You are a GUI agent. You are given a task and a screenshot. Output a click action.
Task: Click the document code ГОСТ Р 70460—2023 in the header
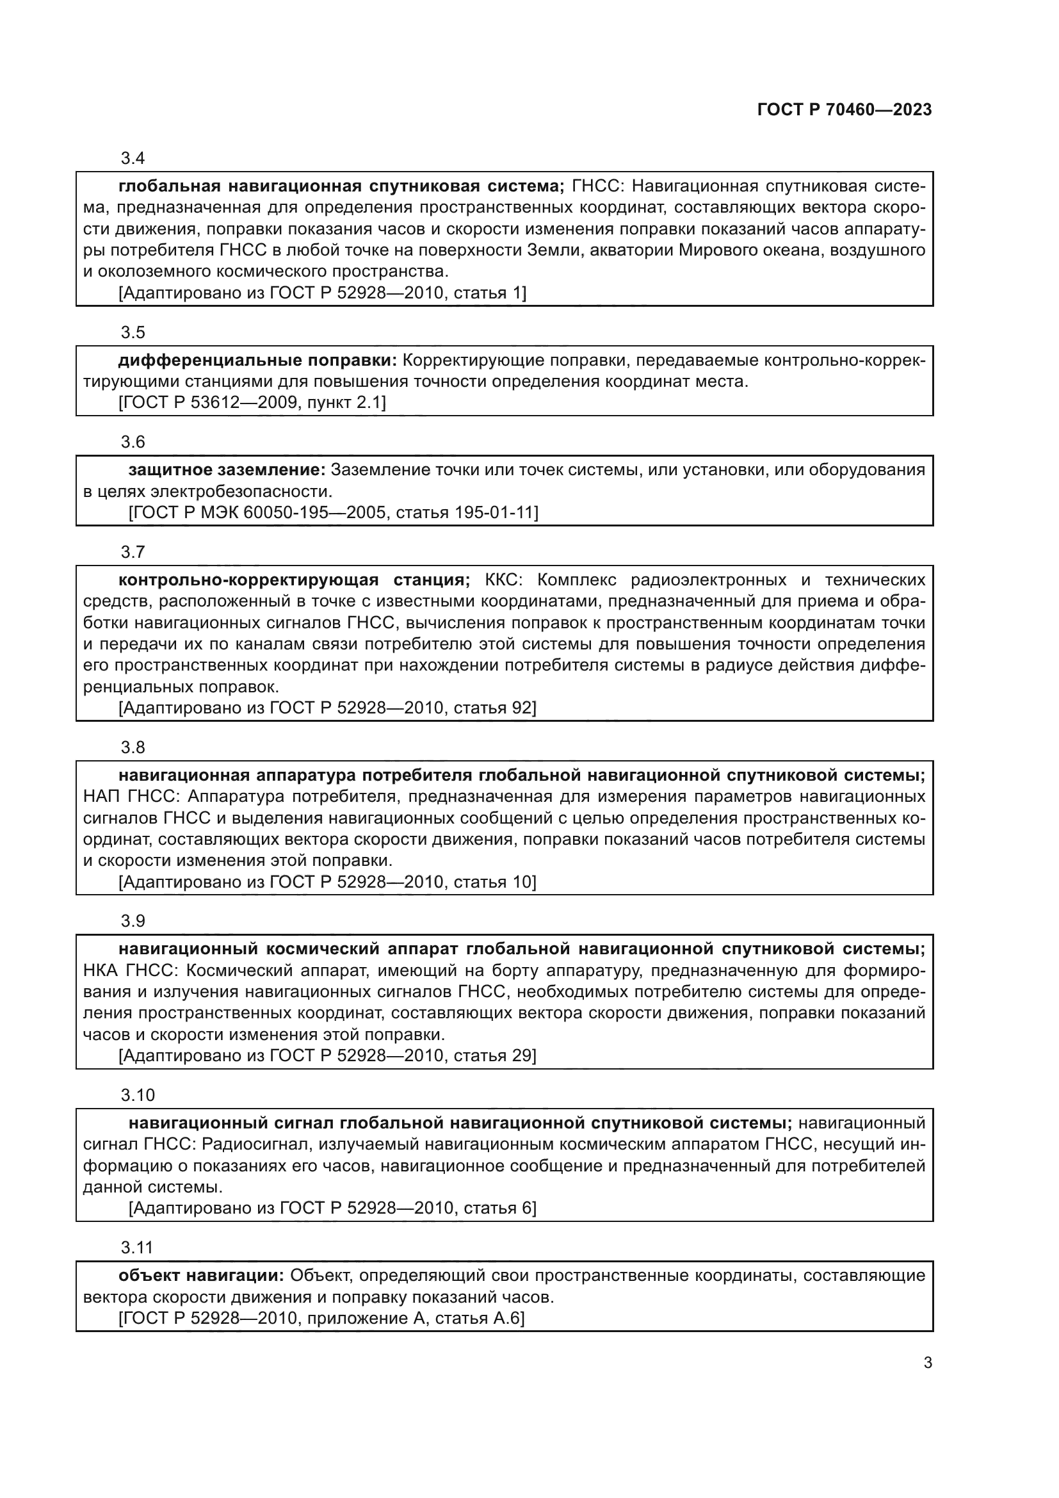pyautogui.click(x=844, y=110)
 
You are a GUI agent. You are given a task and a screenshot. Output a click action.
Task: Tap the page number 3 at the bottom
pyautogui.click(x=927, y=1362)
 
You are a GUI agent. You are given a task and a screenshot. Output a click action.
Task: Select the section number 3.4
pyautogui.click(x=133, y=158)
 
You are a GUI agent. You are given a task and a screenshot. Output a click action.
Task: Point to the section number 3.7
pyautogui.click(x=133, y=552)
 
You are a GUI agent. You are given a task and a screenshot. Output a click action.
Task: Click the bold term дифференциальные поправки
pyautogui.click(x=257, y=360)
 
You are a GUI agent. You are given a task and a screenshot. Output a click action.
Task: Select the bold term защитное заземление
pyautogui.click(x=226, y=469)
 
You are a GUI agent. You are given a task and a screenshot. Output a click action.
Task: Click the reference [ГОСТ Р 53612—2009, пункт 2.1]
pyautogui.click(x=252, y=403)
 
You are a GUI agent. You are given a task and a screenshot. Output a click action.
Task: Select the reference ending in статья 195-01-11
pyautogui.click(x=333, y=512)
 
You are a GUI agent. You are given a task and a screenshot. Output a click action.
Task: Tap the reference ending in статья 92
pyautogui.click(x=327, y=707)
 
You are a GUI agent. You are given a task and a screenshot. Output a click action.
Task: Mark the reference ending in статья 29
pyautogui.click(x=327, y=1055)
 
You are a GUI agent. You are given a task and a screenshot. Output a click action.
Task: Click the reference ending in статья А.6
pyautogui.click(x=321, y=1318)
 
